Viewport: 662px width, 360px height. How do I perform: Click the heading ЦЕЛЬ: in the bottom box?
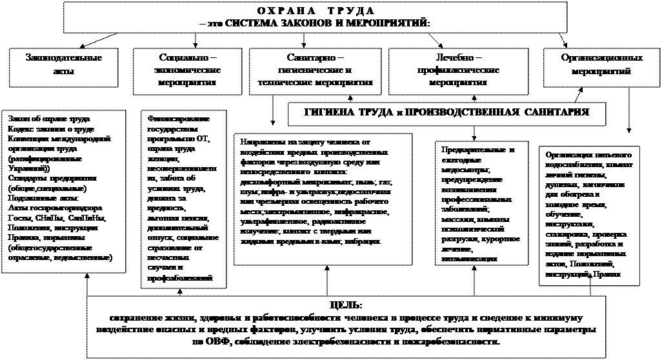coord(346,304)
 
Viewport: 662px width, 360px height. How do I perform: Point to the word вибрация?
coord(366,241)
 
